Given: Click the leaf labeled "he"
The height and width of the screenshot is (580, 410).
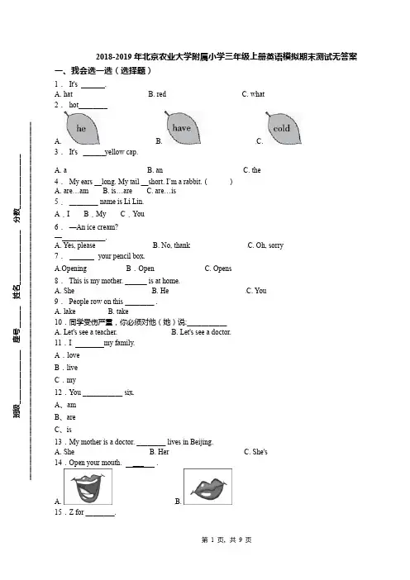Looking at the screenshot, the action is [x=82, y=128].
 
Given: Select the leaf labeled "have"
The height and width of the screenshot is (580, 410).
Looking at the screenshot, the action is [x=182, y=127].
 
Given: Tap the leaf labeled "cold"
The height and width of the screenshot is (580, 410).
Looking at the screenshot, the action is [x=283, y=128].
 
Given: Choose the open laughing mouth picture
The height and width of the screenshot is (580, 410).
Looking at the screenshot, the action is [x=88, y=487].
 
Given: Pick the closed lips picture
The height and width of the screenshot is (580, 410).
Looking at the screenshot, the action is [x=208, y=487].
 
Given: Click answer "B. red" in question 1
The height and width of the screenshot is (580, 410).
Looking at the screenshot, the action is [x=157, y=94].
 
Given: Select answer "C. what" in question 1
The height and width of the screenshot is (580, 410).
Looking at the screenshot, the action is [x=253, y=94].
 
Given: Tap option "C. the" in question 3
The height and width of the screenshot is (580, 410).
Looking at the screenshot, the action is [x=251, y=169].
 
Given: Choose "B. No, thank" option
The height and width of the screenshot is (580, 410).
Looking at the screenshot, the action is [x=171, y=245].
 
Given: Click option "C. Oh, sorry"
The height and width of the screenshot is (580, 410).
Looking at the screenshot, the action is [x=265, y=245].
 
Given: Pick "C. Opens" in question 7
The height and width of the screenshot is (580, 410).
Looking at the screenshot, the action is [x=218, y=269].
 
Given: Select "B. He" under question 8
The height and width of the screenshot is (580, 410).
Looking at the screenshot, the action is [x=160, y=291].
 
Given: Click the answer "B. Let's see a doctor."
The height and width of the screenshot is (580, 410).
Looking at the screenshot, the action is [x=202, y=332].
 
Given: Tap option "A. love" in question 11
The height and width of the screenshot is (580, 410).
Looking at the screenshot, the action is [x=67, y=355].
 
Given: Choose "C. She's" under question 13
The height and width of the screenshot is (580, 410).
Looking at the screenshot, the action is [x=255, y=452].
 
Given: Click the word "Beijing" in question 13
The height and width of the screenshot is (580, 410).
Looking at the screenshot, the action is [x=202, y=442].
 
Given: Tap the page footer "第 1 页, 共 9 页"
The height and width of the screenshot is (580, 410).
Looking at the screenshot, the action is [x=226, y=540].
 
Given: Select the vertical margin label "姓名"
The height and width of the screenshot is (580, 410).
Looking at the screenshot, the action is [x=17, y=292].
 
